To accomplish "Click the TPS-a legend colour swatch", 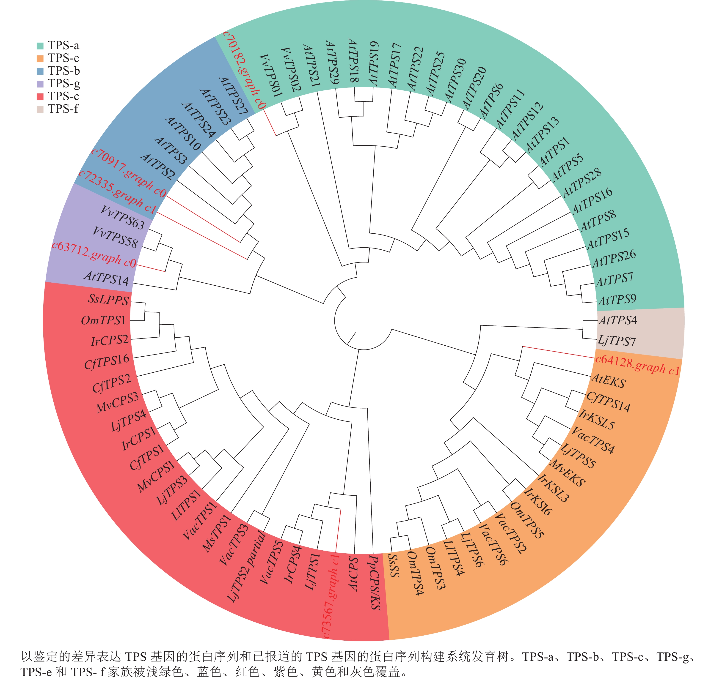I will pyautogui.click(x=40, y=46).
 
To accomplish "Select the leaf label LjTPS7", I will pyautogui.click(x=617, y=341).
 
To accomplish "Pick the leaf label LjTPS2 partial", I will pyautogui.click(x=247, y=566).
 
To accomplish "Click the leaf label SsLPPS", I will pyautogui.click(x=108, y=299).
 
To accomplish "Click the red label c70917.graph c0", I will pyautogui.click(x=129, y=172).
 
